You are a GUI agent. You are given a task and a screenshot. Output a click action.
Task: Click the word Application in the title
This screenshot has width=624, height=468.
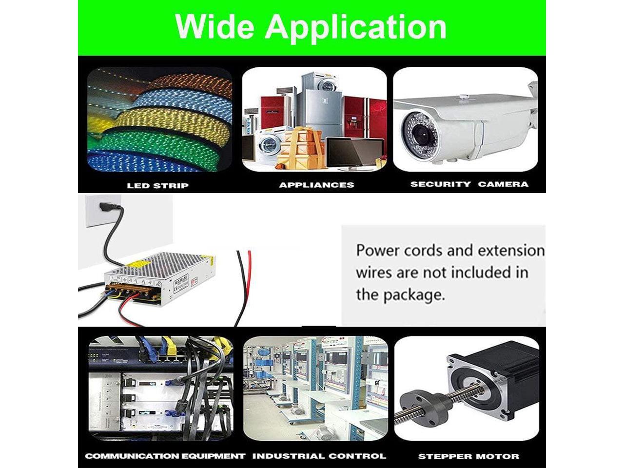click(356, 27)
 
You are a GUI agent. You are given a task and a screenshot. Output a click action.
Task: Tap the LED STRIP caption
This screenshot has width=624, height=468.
click(157, 185)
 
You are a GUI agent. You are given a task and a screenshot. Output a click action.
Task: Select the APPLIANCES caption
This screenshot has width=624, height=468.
click(316, 185)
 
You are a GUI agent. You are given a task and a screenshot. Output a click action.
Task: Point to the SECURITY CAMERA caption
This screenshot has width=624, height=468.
click(469, 184)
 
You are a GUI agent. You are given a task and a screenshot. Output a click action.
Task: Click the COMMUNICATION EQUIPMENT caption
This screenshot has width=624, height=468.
click(165, 456)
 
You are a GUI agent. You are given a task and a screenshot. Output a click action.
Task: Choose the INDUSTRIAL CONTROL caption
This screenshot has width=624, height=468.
click(319, 456)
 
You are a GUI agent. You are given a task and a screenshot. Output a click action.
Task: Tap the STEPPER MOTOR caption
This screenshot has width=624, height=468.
click(468, 457)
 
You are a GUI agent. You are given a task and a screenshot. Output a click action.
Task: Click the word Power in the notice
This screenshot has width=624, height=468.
click(377, 251)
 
